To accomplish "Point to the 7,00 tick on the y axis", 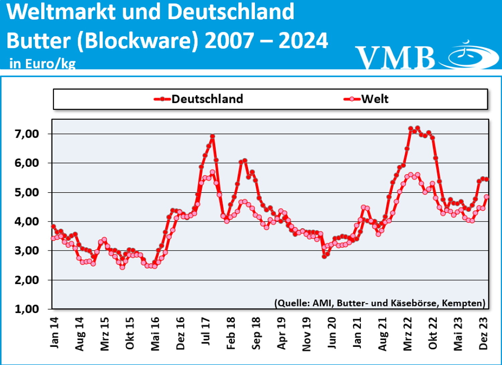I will pyautogui.click(x=27, y=134).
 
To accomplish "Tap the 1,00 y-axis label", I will pyautogui.click(x=27, y=309).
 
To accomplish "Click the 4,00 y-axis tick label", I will pyautogui.click(x=27, y=221).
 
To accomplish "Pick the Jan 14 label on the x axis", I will pyautogui.click(x=54, y=333).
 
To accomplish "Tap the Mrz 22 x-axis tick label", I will pyautogui.click(x=408, y=334).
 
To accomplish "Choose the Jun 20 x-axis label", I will pyautogui.click(x=331, y=333).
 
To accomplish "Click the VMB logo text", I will pyautogui.click(x=395, y=58).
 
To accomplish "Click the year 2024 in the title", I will pyautogui.click(x=303, y=41).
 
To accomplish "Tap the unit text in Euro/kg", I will pyautogui.click(x=43, y=63).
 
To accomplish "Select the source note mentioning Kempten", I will pyautogui.click(x=380, y=303).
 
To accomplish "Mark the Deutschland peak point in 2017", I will pyautogui.click(x=213, y=136).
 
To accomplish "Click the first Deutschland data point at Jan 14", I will pyautogui.click(x=53, y=226).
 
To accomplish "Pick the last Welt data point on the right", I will pyautogui.click(x=487, y=197).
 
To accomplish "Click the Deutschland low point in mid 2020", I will pyautogui.click(x=324, y=257).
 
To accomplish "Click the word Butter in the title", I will pyautogui.click(x=38, y=41).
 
